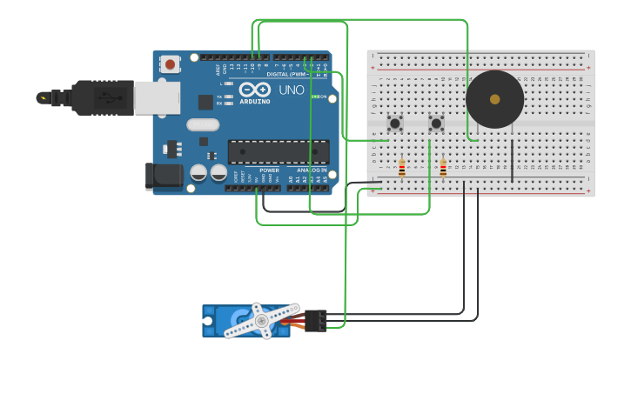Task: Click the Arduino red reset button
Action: (170, 63)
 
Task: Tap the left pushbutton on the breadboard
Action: (394, 124)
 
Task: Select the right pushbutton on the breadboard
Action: (436, 124)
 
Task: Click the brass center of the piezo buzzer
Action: (495, 99)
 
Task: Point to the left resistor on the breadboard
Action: (401, 168)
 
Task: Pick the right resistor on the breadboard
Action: (443, 168)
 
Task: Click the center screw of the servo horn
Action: (261, 321)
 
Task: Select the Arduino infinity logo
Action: (255, 90)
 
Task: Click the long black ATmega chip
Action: (279, 151)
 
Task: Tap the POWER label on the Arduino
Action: (269, 170)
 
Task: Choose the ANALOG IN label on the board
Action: (312, 170)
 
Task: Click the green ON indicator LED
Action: (314, 97)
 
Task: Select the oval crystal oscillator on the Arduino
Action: (202, 124)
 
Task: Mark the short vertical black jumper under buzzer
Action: (512, 161)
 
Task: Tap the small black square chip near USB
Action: (205, 102)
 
